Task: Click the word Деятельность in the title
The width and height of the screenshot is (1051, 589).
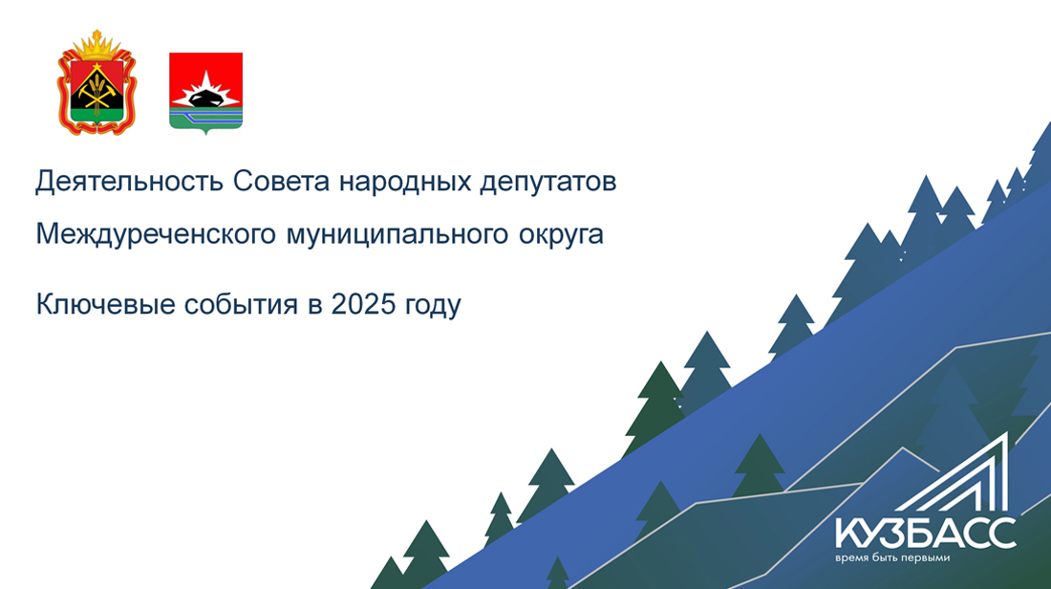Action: (129, 182)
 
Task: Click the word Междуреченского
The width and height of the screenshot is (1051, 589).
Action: (156, 235)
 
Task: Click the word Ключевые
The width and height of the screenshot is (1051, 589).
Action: (105, 304)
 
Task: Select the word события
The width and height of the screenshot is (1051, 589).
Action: (241, 305)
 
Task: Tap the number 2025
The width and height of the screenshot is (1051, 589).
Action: (364, 304)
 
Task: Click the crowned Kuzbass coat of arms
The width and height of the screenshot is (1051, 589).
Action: (97, 82)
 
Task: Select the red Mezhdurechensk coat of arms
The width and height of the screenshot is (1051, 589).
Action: (205, 92)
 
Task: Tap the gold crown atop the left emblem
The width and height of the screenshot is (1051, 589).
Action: (97, 45)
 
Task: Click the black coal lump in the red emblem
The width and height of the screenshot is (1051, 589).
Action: (206, 98)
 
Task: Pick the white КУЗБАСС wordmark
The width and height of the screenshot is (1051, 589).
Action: (926, 534)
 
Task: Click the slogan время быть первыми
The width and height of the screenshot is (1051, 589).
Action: (892, 558)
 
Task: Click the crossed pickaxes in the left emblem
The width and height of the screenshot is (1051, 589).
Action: (97, 94)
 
